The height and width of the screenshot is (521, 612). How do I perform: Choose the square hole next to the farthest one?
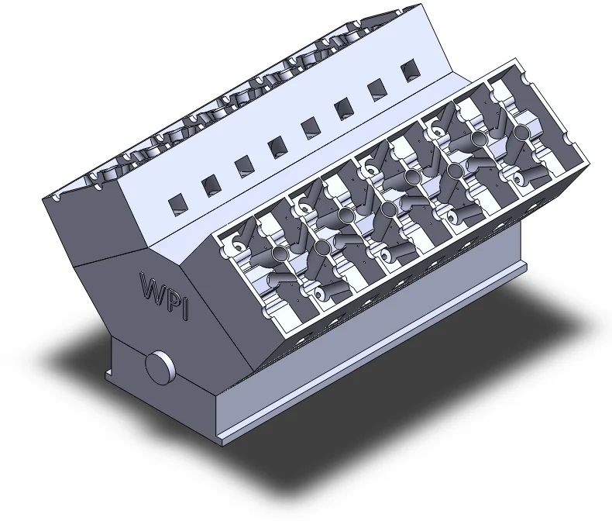(377, 90)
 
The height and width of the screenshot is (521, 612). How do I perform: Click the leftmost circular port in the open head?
(280, 254)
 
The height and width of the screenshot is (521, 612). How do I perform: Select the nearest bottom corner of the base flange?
(220, 442)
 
